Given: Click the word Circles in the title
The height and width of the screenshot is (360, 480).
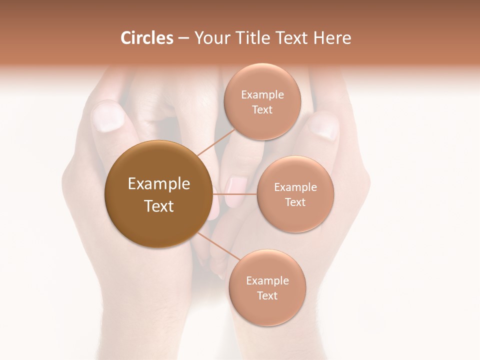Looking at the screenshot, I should [x=146, y=38].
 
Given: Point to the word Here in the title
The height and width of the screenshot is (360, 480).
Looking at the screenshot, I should [x=332, y=38].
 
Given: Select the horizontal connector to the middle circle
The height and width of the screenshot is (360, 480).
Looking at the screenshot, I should [x=234, y=193].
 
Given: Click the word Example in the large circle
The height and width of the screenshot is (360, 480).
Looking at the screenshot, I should [x=159, y=184].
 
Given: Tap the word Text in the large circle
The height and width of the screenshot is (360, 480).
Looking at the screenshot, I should [x=159, y=206].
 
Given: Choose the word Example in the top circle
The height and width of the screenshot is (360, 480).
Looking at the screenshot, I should [x=262, y=94].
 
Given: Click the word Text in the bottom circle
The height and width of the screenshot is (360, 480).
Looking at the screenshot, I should [x=267, y=295].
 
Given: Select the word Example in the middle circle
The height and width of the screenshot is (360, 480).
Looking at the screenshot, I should [x=295, y=187].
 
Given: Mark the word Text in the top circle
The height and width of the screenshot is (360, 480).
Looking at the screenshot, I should [x=262, y=109].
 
